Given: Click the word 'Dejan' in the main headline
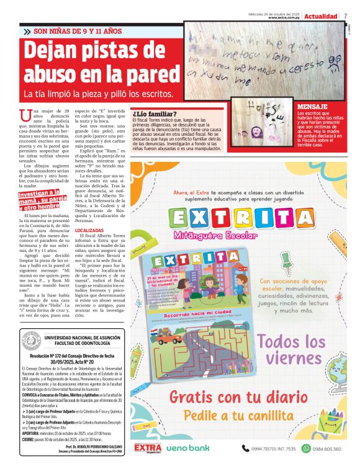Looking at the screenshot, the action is [x=60, y=50].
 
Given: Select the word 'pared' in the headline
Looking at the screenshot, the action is [x=150, y=73].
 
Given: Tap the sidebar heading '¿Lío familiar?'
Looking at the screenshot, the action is [x=155, y=114].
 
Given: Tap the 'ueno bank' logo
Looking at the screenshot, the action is [x=187, y=447].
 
